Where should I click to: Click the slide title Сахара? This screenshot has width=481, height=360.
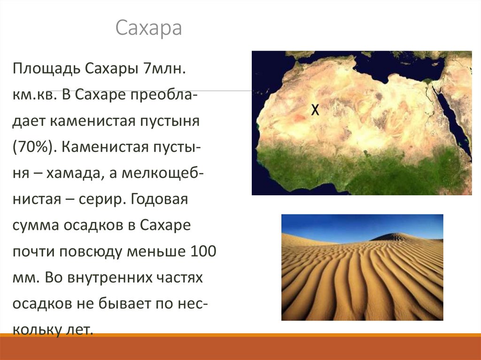click(148, 28)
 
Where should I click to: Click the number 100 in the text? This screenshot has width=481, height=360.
click(203, 252)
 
